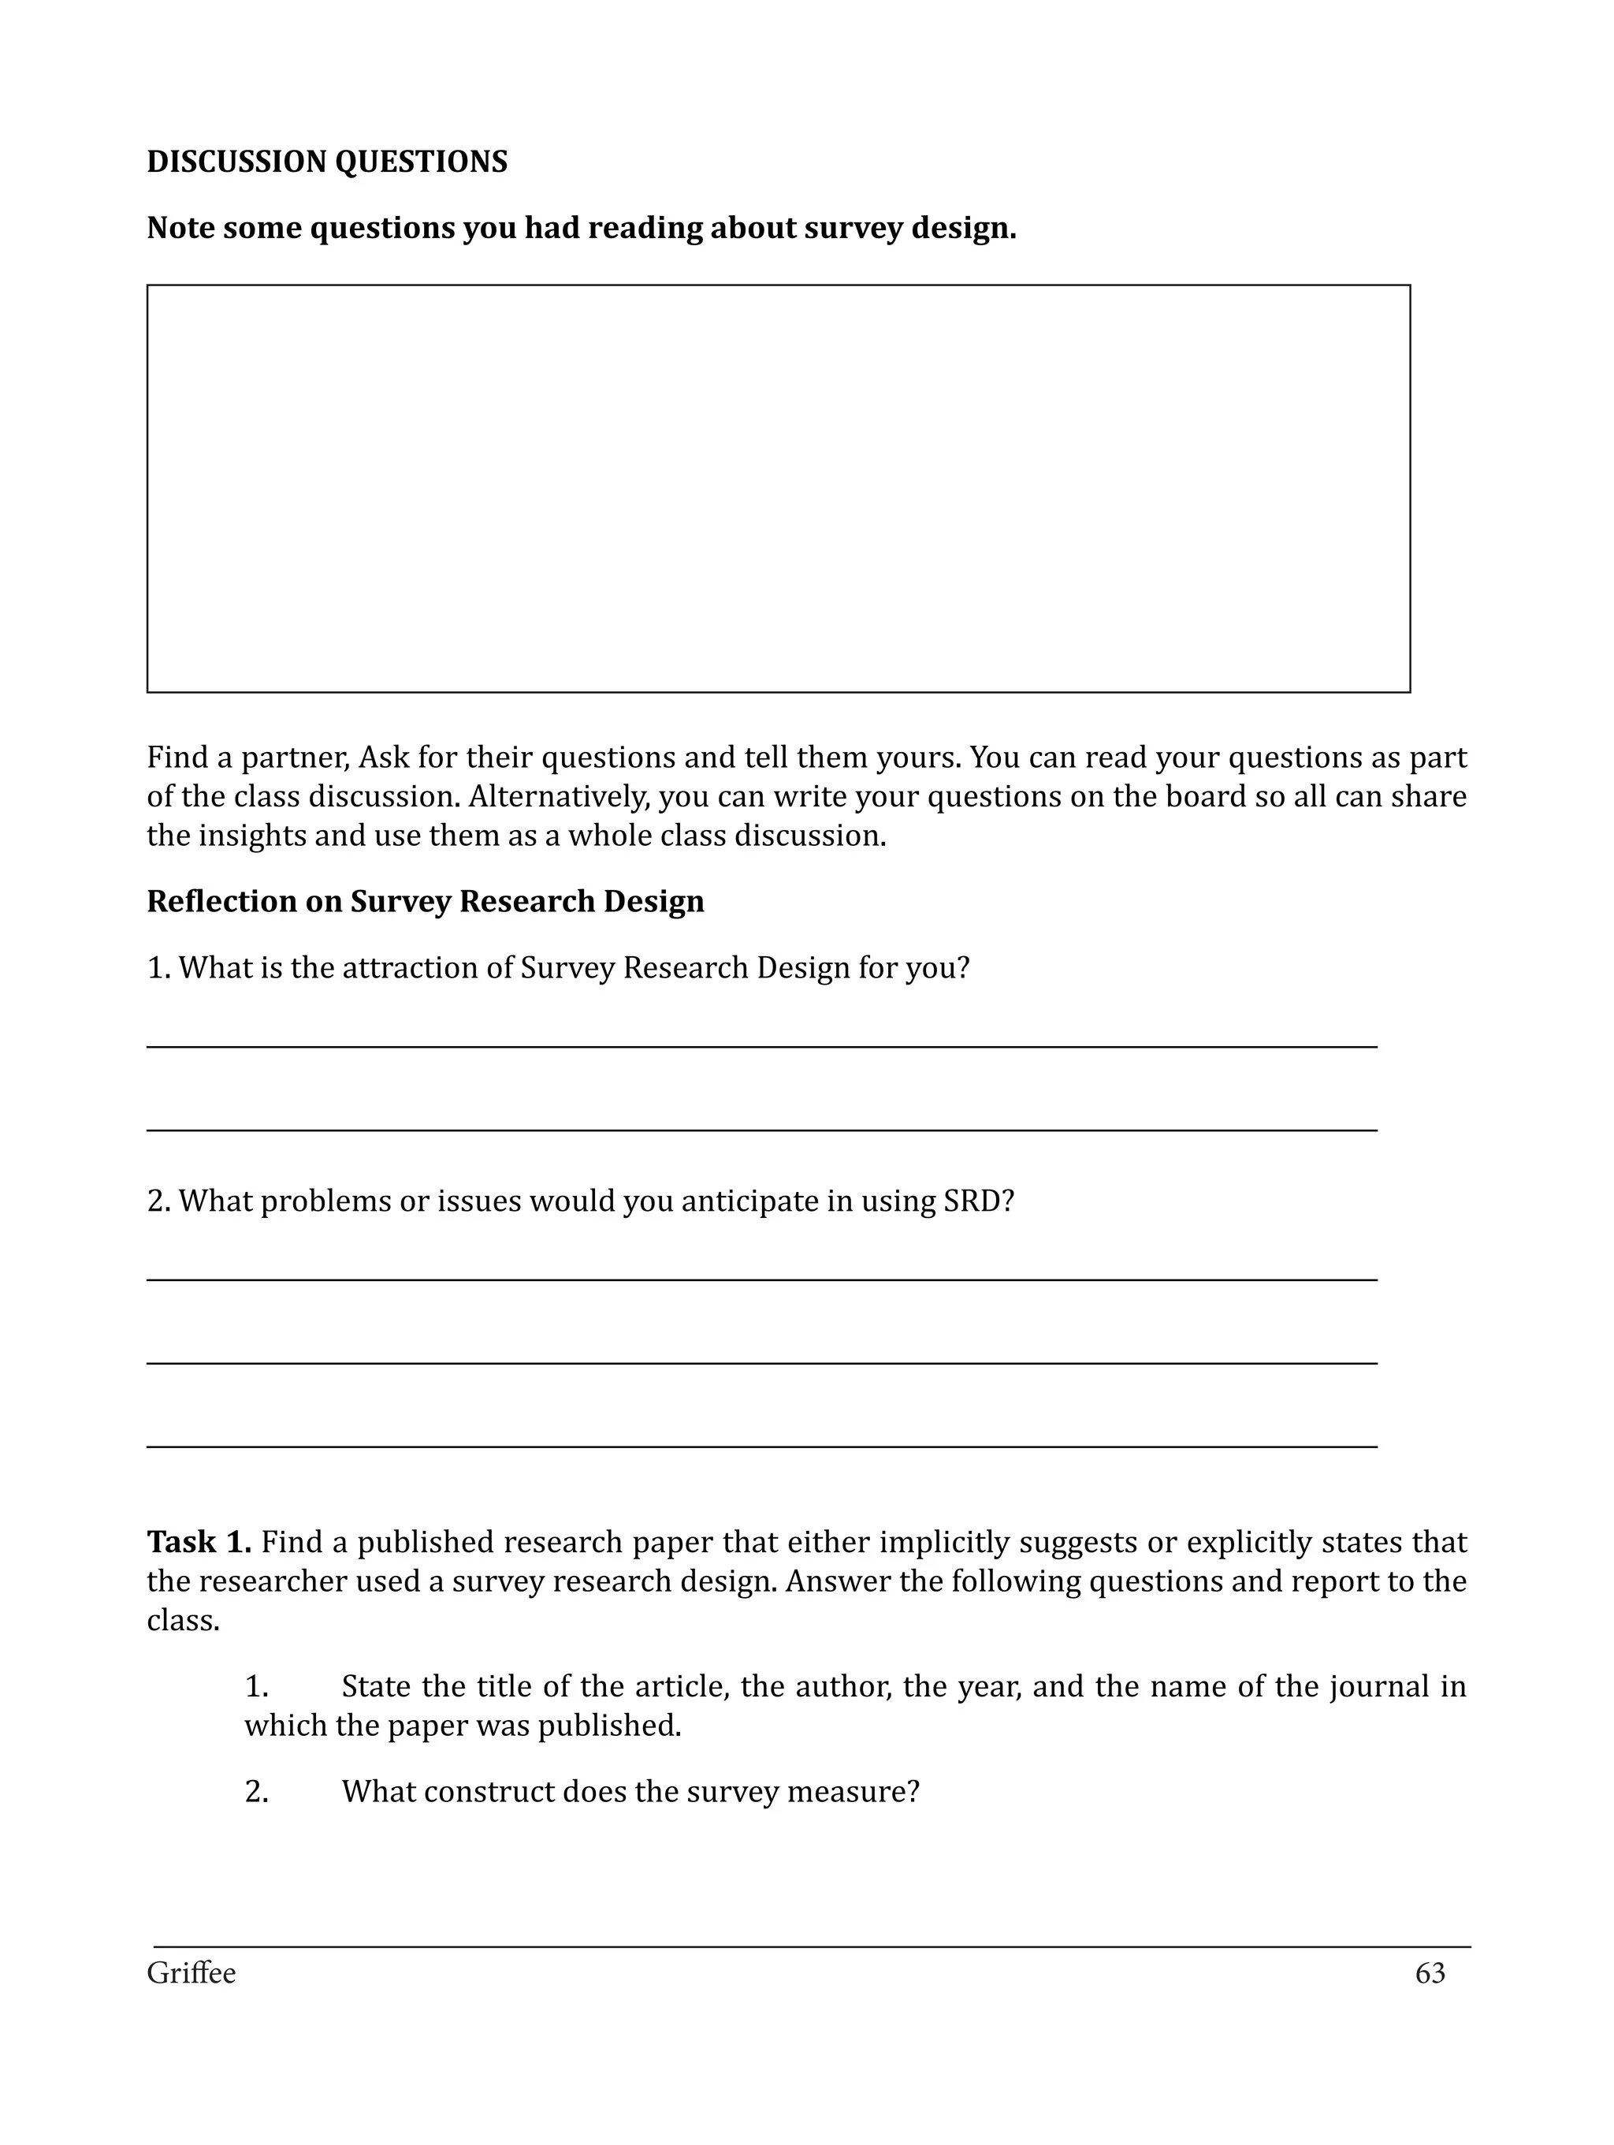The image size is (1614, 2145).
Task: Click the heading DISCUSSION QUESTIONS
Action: point(327,162)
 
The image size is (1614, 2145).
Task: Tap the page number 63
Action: point(1430,1973)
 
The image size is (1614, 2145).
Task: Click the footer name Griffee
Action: point(191,1973)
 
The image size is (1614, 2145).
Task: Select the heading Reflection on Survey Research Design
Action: point(425,902)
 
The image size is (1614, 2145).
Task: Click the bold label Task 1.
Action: point(199,1542)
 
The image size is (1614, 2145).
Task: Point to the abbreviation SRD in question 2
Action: point(977,1201)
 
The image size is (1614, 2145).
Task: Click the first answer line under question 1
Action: point(761,1046)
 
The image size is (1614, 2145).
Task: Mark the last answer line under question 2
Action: point(761,1447)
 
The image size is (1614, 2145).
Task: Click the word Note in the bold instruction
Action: point(180,229)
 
